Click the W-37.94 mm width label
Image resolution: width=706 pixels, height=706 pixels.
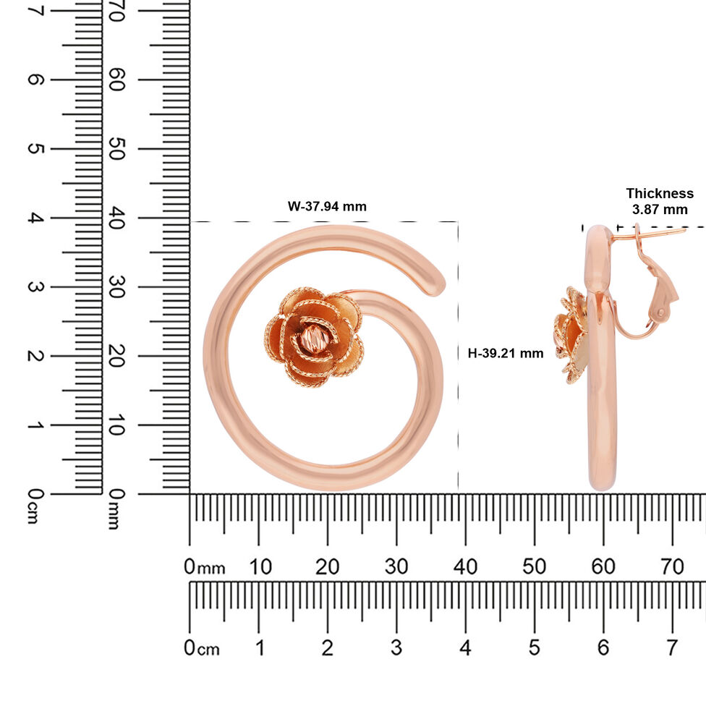[327, 207]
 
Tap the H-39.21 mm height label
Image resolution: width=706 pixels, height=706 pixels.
[505, 353]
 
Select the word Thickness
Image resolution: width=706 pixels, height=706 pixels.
[660, 193]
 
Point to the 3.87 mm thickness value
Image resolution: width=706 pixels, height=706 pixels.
[660, 209]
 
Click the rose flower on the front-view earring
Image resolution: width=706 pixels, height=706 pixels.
[314, 337]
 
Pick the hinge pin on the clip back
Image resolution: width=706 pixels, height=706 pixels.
[660, 312]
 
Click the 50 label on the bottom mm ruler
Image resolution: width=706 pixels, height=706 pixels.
[534, 566]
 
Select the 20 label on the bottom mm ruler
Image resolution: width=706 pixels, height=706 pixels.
[327, 566]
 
